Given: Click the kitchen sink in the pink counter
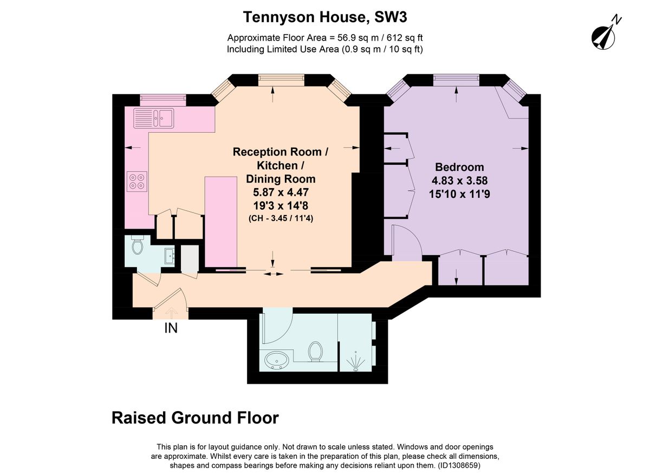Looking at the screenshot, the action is (x=153, y=118).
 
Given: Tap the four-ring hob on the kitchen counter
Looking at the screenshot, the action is (x=137, y=181).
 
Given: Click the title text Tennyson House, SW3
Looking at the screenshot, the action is (x=325, y=17).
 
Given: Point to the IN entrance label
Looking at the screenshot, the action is (x=171, y=328).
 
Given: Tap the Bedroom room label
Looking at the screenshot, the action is (x=459, y=167).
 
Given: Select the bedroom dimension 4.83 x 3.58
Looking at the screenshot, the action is (x=460, y=180).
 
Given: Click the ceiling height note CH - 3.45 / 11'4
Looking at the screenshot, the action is (x=281, y=218).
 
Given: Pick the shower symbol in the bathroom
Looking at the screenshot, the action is (x=356, y=361).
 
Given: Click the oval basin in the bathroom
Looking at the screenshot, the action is (x=277, y=360).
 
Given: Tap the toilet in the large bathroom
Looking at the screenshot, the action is (x=315, y=352).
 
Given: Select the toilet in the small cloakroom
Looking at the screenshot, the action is (x=137, y=244).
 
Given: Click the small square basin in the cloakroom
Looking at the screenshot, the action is (x=170, y=256).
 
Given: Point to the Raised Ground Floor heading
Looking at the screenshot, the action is (x=196, y=418).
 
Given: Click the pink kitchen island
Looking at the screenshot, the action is (x=221, y=222).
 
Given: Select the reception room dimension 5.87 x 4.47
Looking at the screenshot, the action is (x=281, y=192).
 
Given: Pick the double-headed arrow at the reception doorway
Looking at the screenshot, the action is (x=274, y=274).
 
